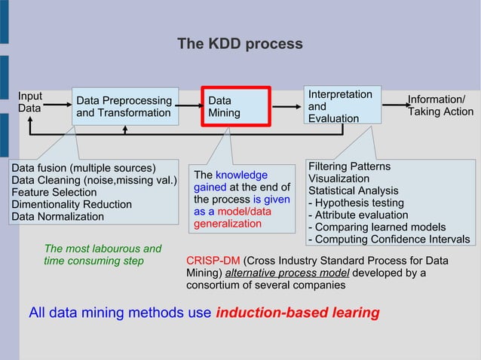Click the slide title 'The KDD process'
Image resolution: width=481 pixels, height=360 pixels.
click(x=240, y=44)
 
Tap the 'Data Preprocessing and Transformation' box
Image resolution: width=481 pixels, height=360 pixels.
click(x=124, y=107)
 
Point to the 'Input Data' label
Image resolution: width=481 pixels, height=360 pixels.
click(x=30, y=102)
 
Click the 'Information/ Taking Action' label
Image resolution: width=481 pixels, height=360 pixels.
click(x=440, y=106)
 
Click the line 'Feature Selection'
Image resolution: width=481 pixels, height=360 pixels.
click(x=54, y=192)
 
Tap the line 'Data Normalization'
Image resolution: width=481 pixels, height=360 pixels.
click(x=57, y=216)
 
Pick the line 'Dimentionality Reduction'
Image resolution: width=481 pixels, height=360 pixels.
click(x=71, y=204)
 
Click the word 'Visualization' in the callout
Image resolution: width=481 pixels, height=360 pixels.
click(x=339, y=179)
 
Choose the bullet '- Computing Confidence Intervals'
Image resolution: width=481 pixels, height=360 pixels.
click(x=389, y=239)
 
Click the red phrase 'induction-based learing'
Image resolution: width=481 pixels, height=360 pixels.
click(x=297, y=313)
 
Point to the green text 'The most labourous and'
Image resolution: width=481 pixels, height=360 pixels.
click(x=103, y=249)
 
